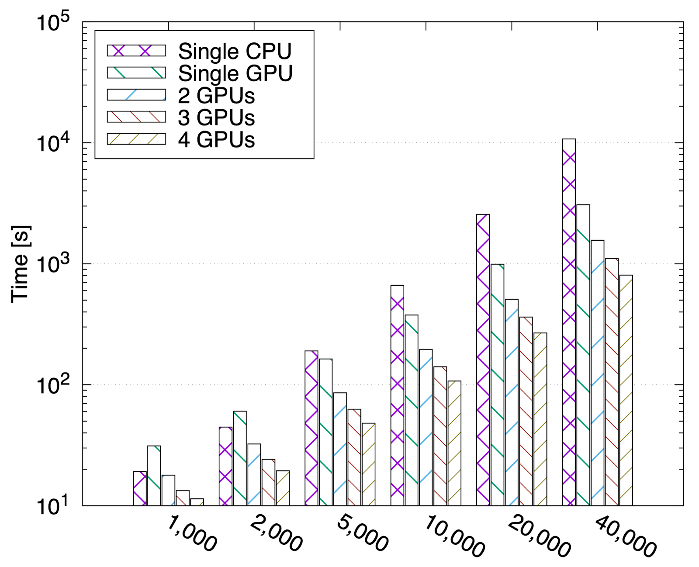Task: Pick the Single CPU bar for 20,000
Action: click(483, 360)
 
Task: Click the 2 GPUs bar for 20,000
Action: click(512, 402)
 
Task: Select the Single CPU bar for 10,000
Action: click(397, 395)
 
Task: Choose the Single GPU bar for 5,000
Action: click(325, 432)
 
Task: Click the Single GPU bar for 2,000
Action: click(240, 458)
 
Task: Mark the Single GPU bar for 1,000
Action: click(154, 476)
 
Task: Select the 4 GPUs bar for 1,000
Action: click(197, 502)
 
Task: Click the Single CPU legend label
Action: click(235, 52)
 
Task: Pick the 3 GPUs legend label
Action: click(216, 118)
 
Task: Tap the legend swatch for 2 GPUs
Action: click(136, 95)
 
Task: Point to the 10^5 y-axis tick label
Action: click(53, 23)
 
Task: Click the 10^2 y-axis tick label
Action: click(53, 386)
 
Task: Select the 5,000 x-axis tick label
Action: click(362, 534)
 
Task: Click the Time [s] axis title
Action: click(20, 264)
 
